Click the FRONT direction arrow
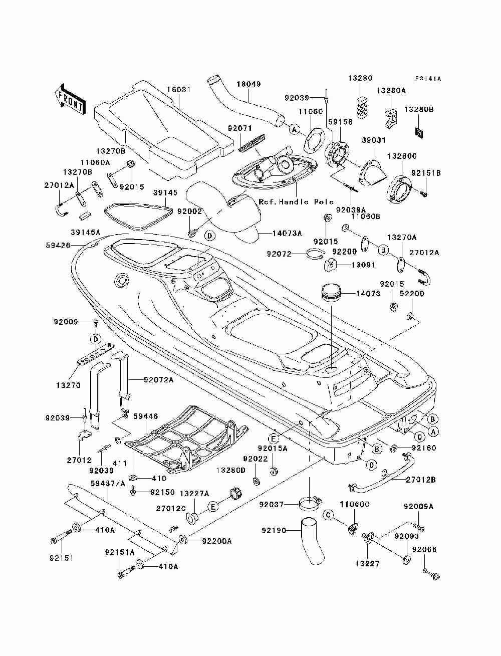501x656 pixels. pos(70,99)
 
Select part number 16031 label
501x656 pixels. pos(179,89)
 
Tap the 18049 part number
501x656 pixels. pos(248,84)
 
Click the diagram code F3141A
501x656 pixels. pos(428,79)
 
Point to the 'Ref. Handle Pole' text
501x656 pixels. pos(296,202)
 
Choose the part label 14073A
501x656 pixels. pos(287,233)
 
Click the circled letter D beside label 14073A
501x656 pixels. pos(210,236)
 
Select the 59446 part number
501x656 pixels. pos(146,416)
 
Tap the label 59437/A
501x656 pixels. pos(108,484)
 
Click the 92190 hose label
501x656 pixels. pos(274,531)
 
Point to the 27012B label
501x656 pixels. pos(421,480)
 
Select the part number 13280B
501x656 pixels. pos(418,109)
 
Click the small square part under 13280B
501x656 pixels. pos(419,132)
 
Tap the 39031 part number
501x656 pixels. pos(373,140)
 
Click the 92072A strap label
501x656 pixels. pos(159,380)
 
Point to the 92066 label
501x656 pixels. pos(424,549)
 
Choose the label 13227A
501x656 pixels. pos(194,494)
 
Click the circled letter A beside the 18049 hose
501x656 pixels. pos(295,129)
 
